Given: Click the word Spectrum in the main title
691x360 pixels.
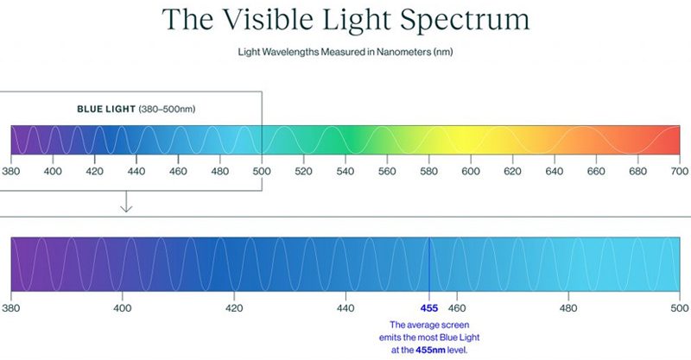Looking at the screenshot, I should coord(459,19).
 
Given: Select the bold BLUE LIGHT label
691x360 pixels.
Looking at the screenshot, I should coord(105,110).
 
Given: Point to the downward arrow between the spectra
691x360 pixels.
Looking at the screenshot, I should coord(125,203).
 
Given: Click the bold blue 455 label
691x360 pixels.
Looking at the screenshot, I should coord(429,307).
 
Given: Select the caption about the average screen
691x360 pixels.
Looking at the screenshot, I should coord(429,338).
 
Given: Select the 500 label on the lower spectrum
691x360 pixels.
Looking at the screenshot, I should coord(679,307).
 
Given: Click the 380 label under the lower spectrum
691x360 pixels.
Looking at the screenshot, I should coord(12,307).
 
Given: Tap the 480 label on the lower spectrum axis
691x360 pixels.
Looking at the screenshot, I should coord(568,307).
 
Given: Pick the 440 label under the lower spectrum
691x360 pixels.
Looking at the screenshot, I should coord(345,307).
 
